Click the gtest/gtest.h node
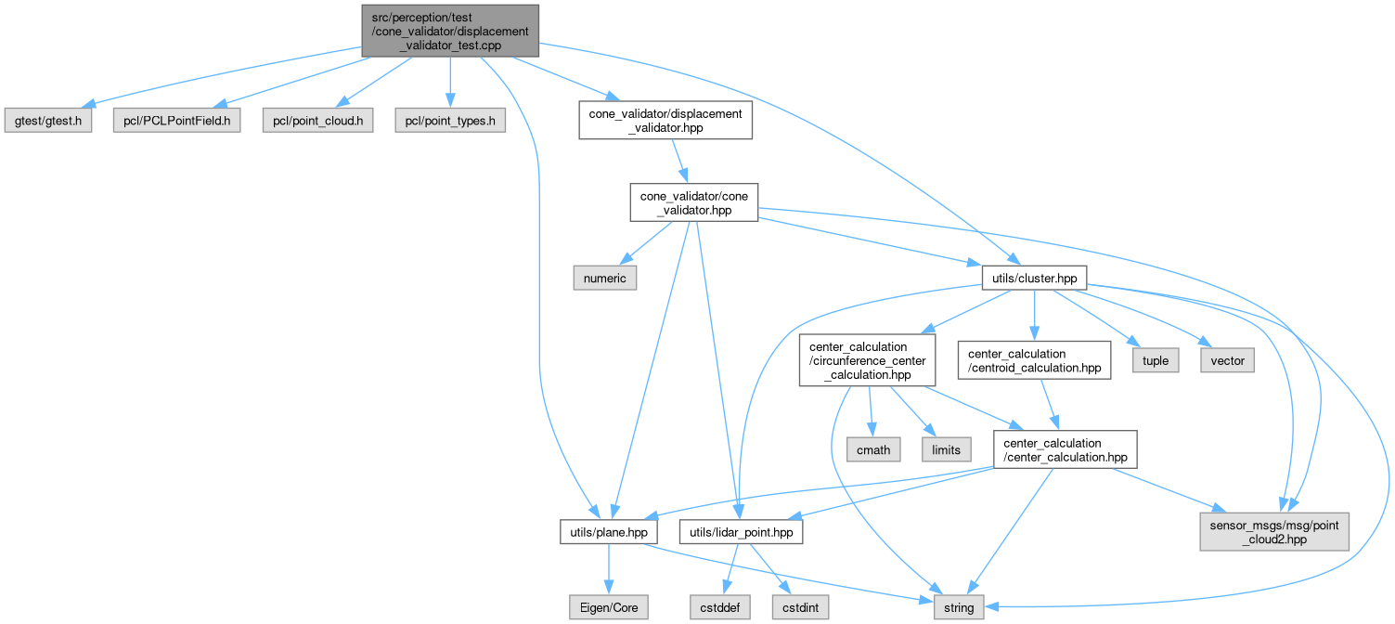point(47,121)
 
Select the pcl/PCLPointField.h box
point(176,121)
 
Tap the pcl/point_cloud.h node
point(316,121)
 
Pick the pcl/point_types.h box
point(450,121)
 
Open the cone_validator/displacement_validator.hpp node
point(665,121)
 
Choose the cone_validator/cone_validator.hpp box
point(694,201)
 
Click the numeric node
point(603,278)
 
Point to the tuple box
point(1156,360)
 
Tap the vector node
point(1227,360)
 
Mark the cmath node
point(873,449)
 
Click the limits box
point(946,449)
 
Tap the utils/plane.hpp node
point(609,531)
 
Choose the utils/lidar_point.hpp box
point(741,531)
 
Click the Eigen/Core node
point(608,607)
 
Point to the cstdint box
point(799,607)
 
